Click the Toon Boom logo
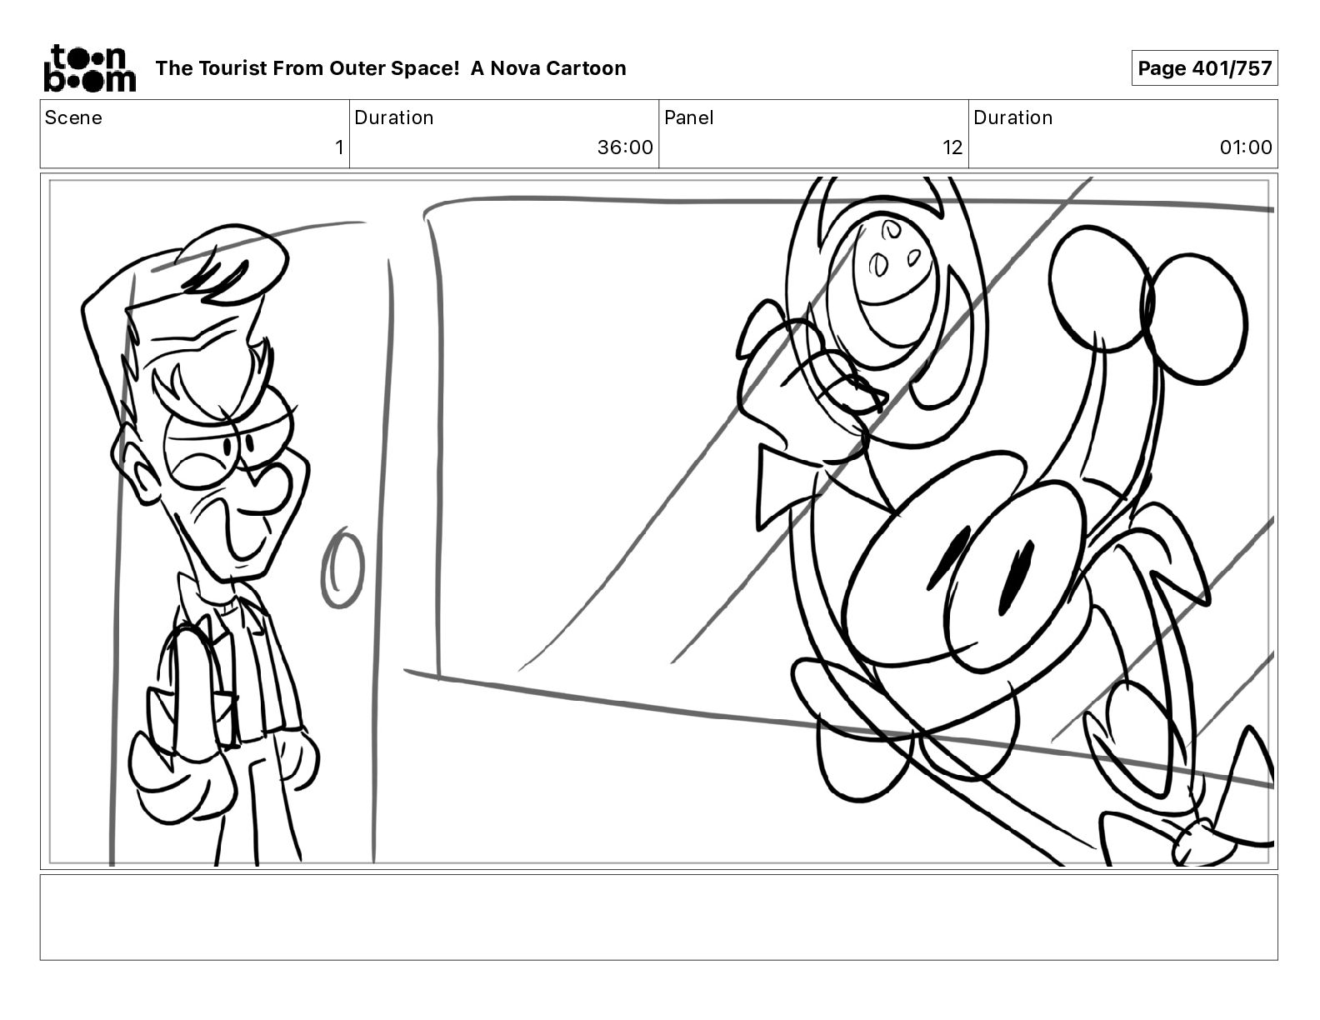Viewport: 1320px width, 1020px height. pyautogui.click(x=90, y=68)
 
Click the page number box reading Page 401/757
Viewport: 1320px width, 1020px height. pyautogui.click(x=1204, y=68)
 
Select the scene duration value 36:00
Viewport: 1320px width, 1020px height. pyautogui.click(x=624, y=147)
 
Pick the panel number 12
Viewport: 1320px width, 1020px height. pyautogui.click(x=952, y=147)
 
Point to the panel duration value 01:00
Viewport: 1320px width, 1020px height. pyautogui.click(x=1245, y=147)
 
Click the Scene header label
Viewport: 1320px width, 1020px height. pyautogui.click(x=73, y=117)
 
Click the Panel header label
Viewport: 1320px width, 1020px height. pyautogui.click(x=688, y=117)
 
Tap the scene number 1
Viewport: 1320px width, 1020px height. pyautogui.click(x=339, y=147)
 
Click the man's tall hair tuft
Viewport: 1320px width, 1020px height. pyautogui.click(x=234, y=263)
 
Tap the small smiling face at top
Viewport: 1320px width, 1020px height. pyautogui.click(x=891, y=288)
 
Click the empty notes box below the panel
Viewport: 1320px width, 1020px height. pyautogui.click(x=658, y=917)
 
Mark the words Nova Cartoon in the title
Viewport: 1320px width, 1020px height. pyautogui.click(x=557, y=68)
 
